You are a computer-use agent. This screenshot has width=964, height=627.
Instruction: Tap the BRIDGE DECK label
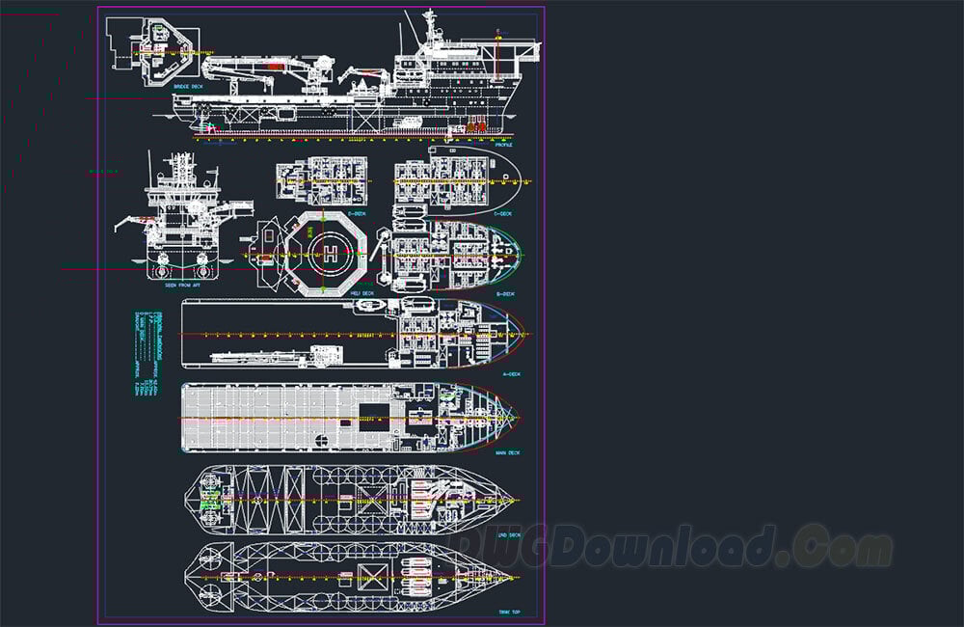tap(188, 87)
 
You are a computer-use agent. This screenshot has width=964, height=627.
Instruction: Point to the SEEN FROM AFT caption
tap(182, 286)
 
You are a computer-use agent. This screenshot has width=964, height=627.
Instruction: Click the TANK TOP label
tap(508, 612)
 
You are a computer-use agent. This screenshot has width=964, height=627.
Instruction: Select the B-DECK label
tap(503, 293)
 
